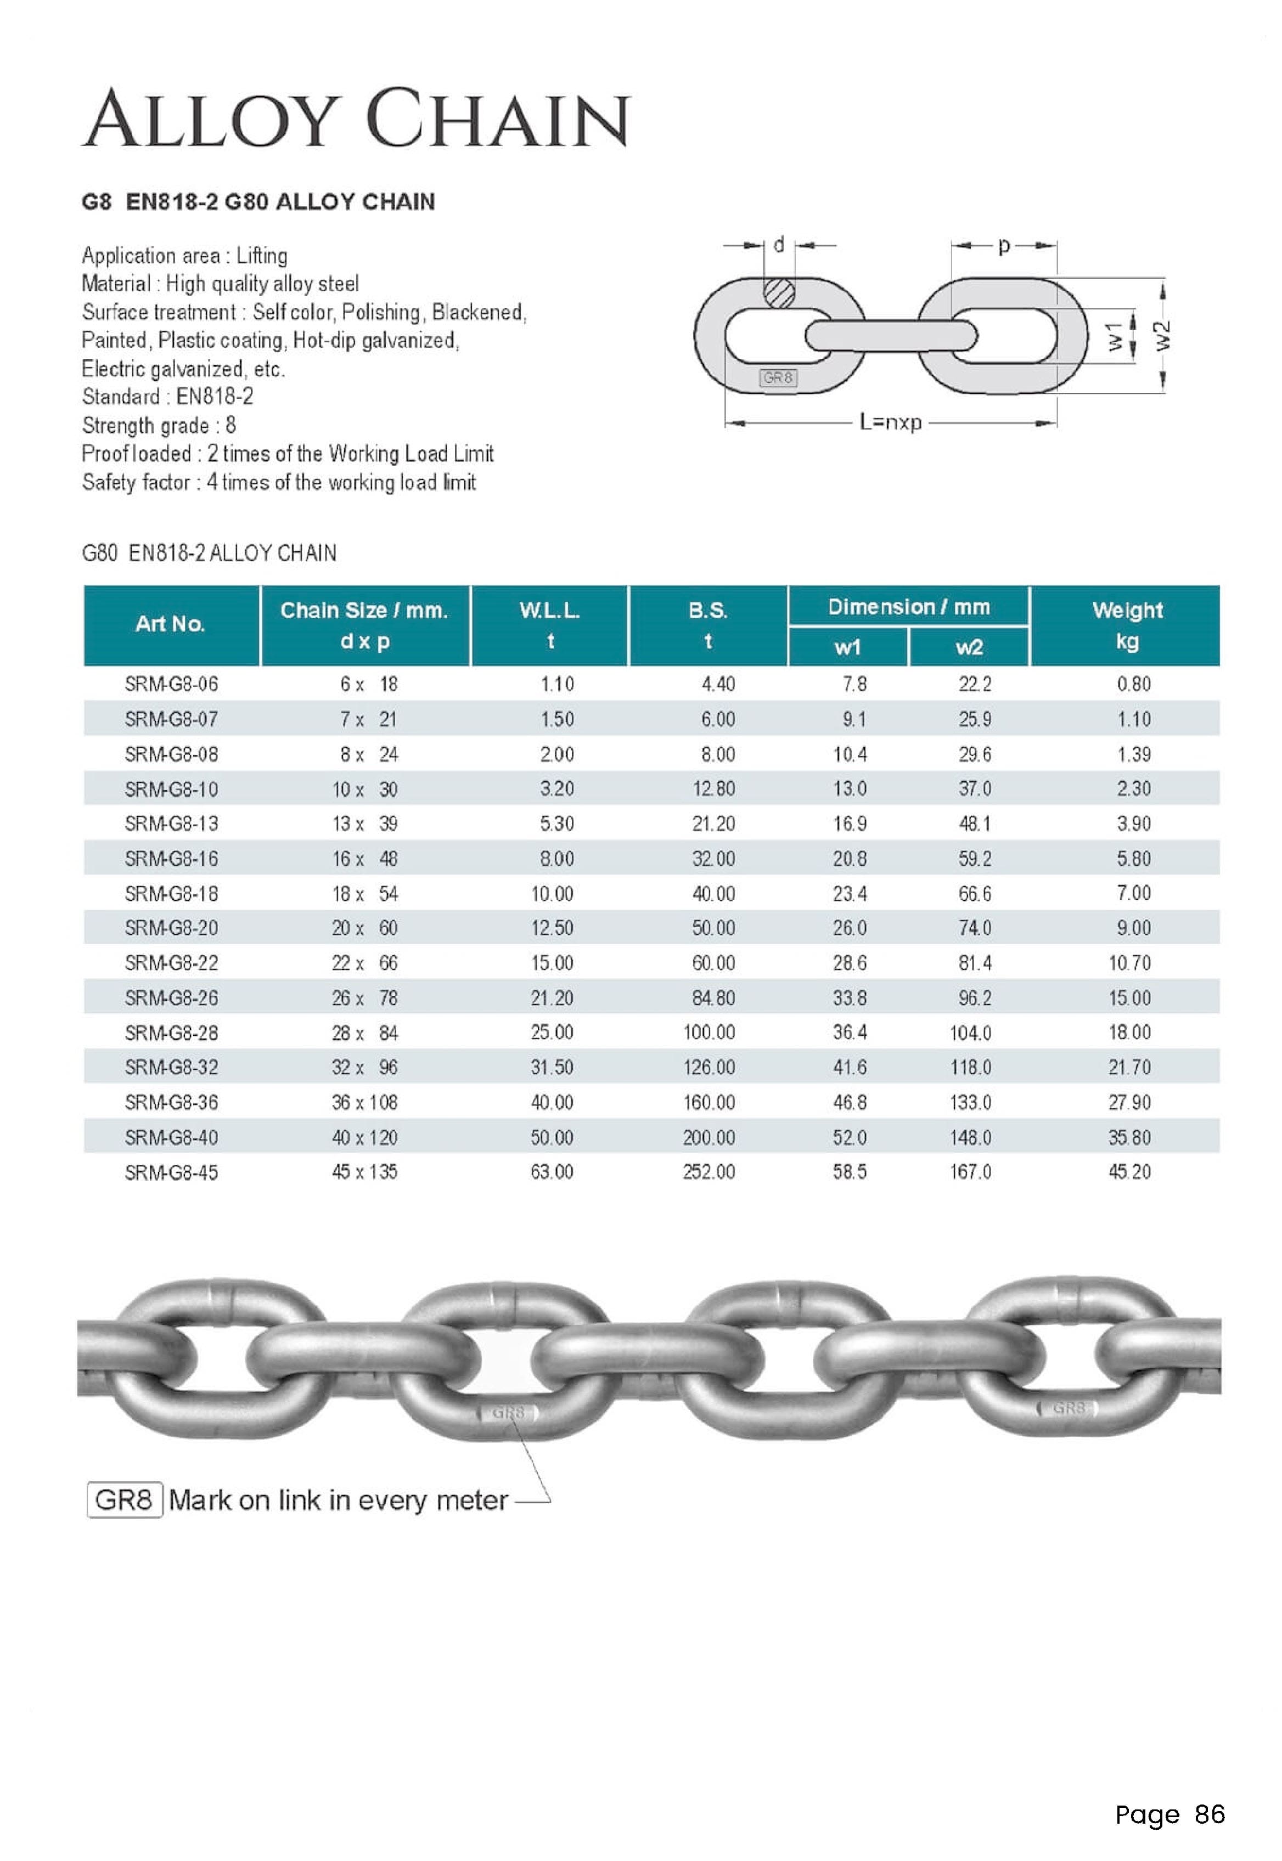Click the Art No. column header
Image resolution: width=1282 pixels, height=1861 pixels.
[x=170, y=624]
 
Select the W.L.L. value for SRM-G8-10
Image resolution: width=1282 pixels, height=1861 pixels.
[x=556, y=788]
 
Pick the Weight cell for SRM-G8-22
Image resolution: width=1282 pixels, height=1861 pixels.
[x=1129, y=963]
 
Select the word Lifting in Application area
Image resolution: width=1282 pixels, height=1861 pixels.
[x=261, y=256]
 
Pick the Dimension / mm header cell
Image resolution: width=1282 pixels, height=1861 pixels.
[x=908, y=607]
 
